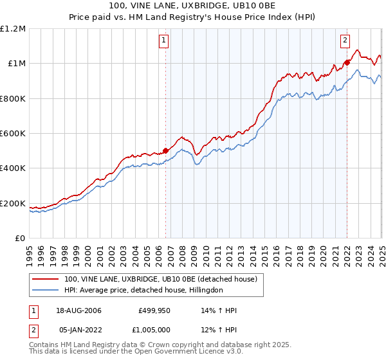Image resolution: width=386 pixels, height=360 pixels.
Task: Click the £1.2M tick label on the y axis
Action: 13,28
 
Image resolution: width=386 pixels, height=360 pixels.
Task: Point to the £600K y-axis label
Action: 13,133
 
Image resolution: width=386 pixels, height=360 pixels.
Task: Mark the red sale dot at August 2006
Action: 165,150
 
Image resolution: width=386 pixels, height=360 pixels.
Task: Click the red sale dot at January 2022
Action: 347,62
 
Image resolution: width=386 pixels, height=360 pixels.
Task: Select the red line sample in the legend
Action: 46,279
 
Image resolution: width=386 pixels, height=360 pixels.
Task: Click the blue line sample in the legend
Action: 46,290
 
